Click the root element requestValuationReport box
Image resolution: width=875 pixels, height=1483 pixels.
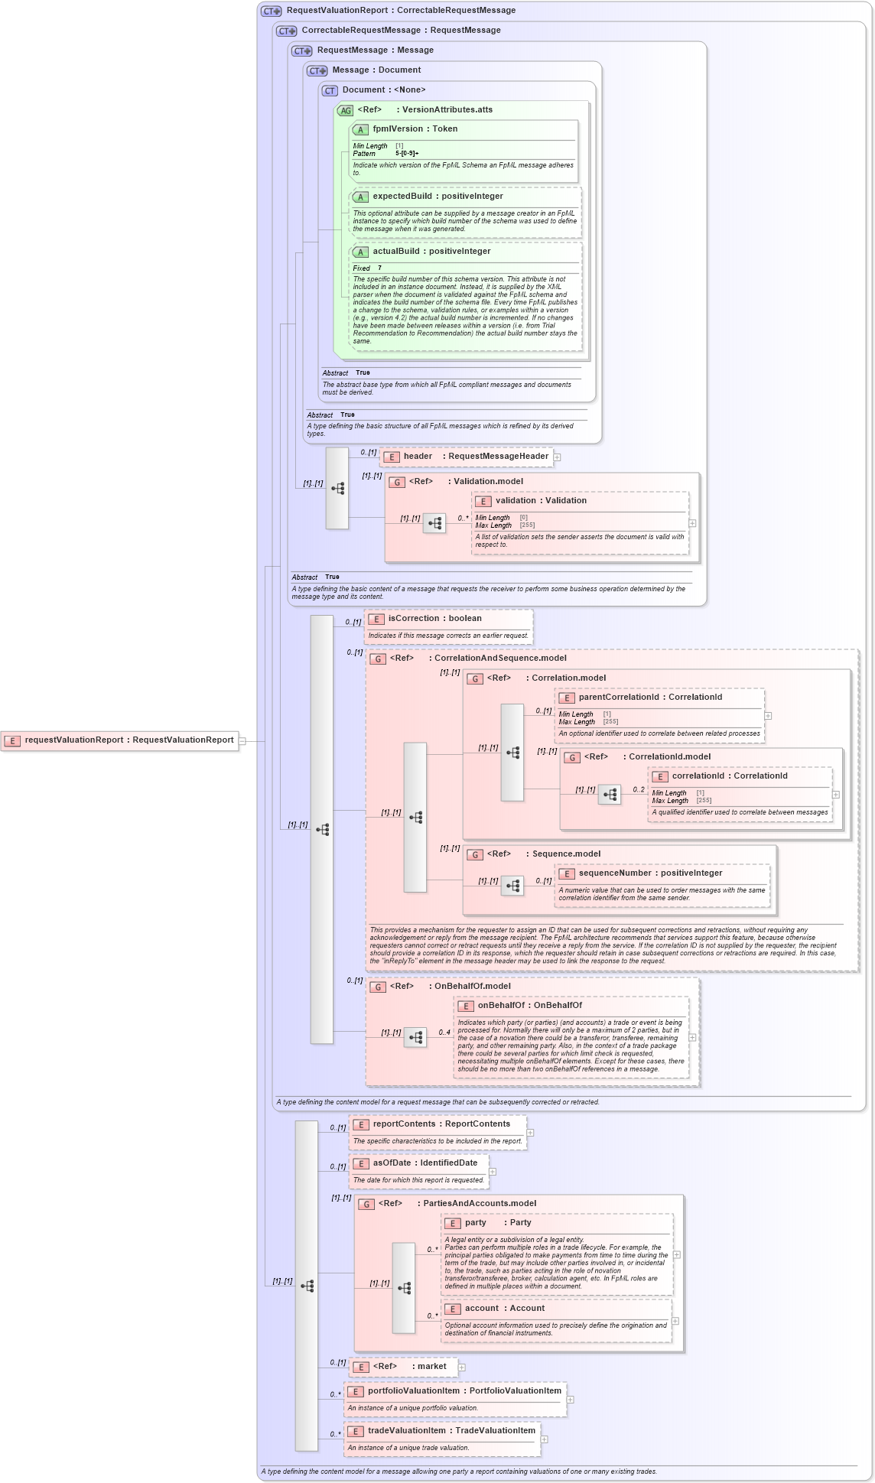tap(120, 740)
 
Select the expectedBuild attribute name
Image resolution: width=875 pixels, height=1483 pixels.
tap(402, 197)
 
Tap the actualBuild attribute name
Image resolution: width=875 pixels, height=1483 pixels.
tap(397, 252)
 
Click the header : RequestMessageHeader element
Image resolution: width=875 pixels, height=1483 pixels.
tap(467, 457)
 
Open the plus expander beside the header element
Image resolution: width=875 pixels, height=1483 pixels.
tap(558, 457)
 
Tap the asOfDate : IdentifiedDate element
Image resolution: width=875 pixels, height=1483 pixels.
tap(424, 1163)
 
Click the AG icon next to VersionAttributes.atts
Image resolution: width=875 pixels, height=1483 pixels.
tap(345, 110)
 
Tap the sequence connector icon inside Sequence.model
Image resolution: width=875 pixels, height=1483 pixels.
tap(512, 886)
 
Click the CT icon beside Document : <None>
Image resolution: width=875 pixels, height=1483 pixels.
tap(330, 90)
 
